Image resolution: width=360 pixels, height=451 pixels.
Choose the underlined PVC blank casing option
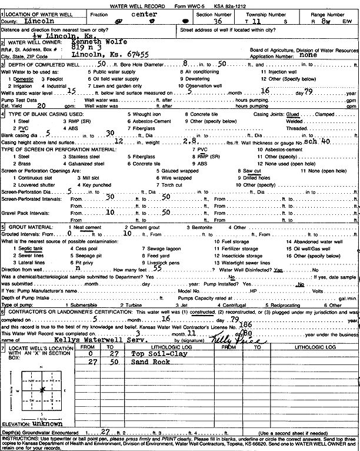pyautogui.click(x=24, y=127)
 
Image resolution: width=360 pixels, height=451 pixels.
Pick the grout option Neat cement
pyautogui.click(x=85, y=227)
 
